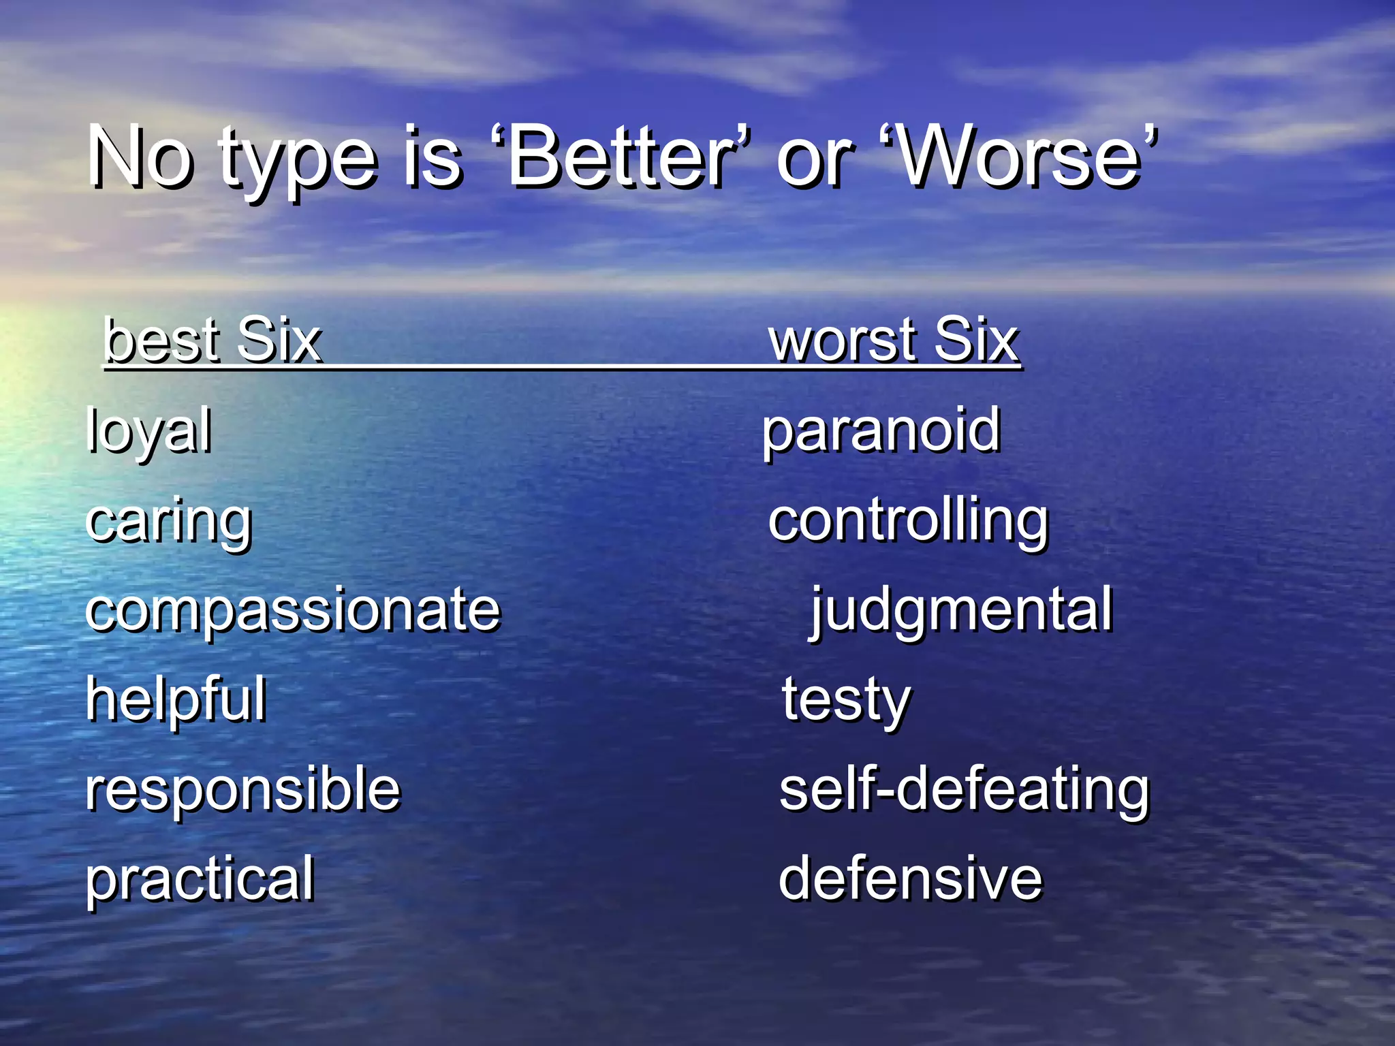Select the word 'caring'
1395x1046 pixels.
(169, 522)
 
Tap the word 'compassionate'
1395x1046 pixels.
(293, 609)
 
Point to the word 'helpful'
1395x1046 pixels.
(176, 699)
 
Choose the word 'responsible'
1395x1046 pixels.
(243, 789)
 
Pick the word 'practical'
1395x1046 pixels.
(200, 879)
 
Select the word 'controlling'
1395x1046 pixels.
(908, 522)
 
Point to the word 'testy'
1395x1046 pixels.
(846, 700)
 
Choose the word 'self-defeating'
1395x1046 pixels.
(964, 790)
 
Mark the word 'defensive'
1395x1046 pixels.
(911, 879)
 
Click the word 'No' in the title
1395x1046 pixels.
(140, 158)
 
